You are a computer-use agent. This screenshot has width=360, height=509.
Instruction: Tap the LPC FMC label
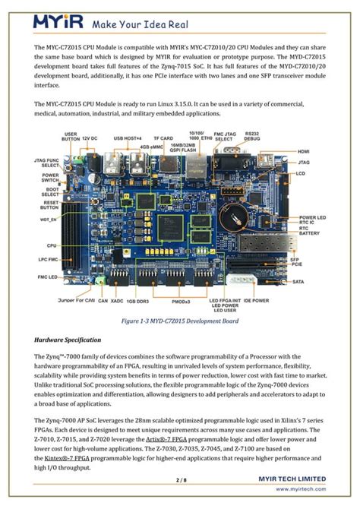point(51,258)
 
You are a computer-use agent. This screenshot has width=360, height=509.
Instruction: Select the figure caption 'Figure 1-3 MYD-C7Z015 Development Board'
point(180,321)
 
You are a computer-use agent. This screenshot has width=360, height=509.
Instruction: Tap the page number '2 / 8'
point(180,480)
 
